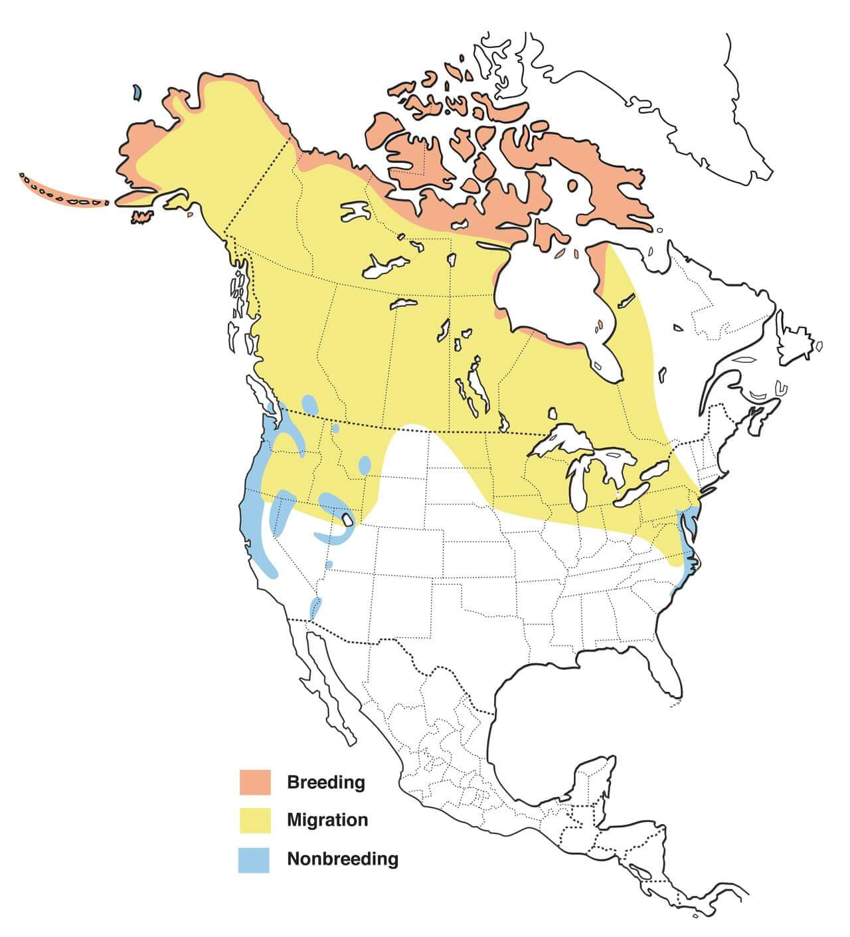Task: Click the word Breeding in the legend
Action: pyautogui.click(x=325, y=782)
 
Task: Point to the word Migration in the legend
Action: pyautogui.click(x=327, y=820)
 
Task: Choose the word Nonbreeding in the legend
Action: pyautogui.click(x=342, y=859)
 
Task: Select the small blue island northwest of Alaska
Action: pyautogui.click(x=136, y=92)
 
